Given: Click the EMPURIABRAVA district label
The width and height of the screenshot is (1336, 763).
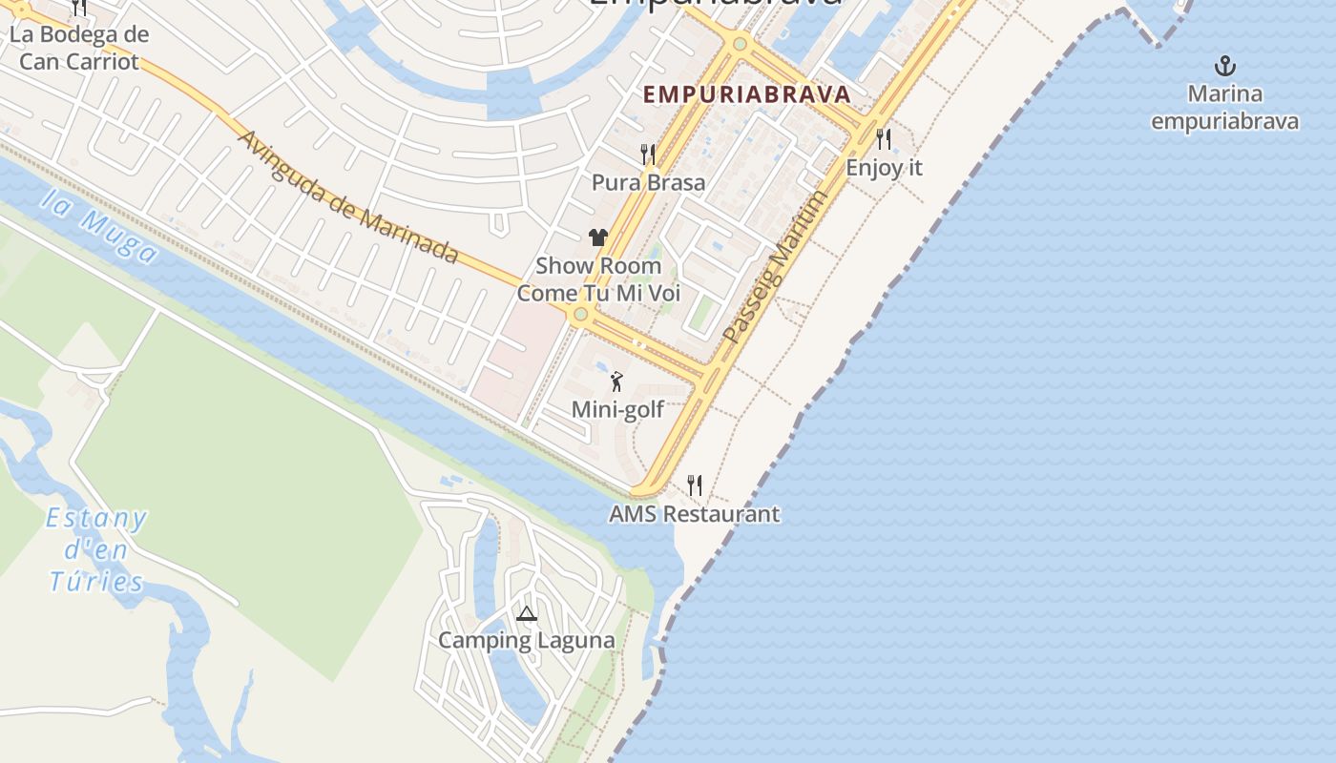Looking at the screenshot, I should (x=746, y=94).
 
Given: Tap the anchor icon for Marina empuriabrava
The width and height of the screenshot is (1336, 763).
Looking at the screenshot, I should (x=1224, y=66).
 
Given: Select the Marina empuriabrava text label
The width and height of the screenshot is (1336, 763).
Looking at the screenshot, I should (x=1224, y=108).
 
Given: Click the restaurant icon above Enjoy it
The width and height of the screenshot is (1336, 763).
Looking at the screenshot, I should (x=884, y=139).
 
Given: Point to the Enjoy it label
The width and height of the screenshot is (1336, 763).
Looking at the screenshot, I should (x=885, y=168).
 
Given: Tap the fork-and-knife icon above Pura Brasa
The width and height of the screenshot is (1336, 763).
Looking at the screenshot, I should (x=648, y=154).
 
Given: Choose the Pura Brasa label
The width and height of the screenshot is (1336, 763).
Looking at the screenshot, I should (x=648, y=182).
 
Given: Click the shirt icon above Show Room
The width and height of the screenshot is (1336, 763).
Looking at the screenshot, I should (x=598, y=237).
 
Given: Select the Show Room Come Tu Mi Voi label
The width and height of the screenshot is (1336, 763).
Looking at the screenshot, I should (x=598, y=279).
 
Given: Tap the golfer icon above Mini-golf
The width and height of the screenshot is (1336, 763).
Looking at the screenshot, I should (x=617, y=381).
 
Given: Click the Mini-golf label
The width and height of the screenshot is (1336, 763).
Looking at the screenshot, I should (x=617, y=410).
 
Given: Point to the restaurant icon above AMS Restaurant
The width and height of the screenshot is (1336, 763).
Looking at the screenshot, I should (x=695, y=485).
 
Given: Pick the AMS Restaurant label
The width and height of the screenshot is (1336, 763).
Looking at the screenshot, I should (x=695, y=514).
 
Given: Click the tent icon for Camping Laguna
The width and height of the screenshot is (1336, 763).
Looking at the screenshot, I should (x=526, y=613).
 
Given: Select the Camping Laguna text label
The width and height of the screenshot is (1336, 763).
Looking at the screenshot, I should (x=526, y=640).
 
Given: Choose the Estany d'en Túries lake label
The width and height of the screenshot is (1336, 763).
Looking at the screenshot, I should (x=96, y=550).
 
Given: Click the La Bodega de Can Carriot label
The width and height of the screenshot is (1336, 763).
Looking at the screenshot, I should (x=79, y=49).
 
